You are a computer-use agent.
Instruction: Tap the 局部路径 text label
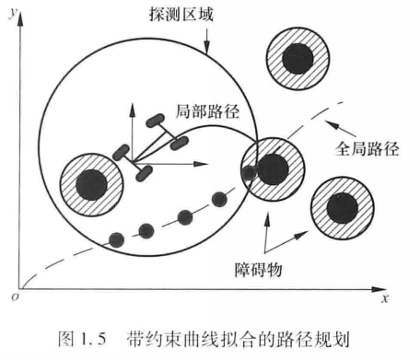206,112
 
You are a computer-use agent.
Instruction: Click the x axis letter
386,297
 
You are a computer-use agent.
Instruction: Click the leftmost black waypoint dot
116,240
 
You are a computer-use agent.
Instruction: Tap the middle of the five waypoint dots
184,217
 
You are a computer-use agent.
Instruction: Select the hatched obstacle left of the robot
92,182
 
